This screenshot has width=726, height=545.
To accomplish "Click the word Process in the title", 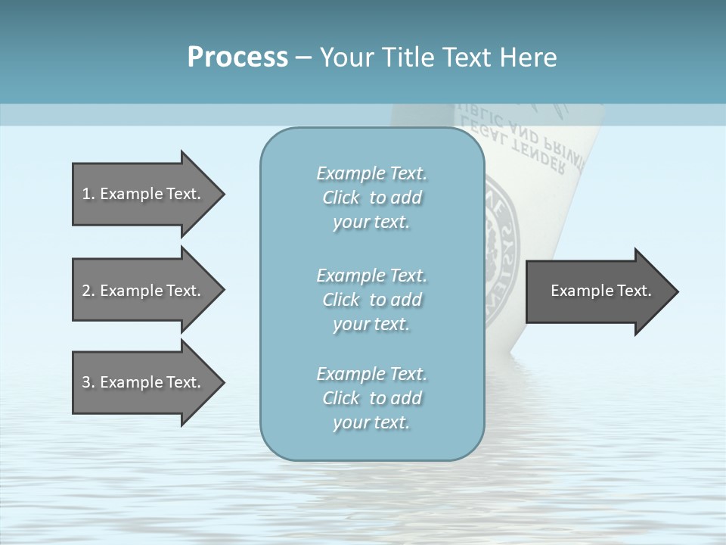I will click(237, 58).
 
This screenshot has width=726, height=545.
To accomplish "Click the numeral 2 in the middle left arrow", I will click(86, 291).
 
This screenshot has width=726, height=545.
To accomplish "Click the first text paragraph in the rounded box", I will click(371, 198).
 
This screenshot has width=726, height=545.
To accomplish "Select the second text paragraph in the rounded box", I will click(371, 300).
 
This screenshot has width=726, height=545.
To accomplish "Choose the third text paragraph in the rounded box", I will click(371, 398).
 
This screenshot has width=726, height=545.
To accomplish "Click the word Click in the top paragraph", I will click(341, 198).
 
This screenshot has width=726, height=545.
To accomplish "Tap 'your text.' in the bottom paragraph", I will click(371, 422).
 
